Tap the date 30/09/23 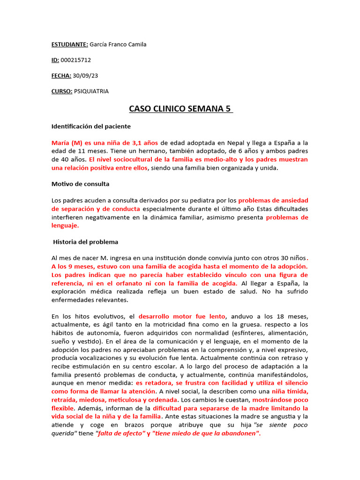[88, 76]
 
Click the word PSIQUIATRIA [91, 91]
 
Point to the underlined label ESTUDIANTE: [69, 45]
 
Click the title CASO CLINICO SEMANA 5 [180, 109]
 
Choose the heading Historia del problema [85, 242]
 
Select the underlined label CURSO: [62, 91]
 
